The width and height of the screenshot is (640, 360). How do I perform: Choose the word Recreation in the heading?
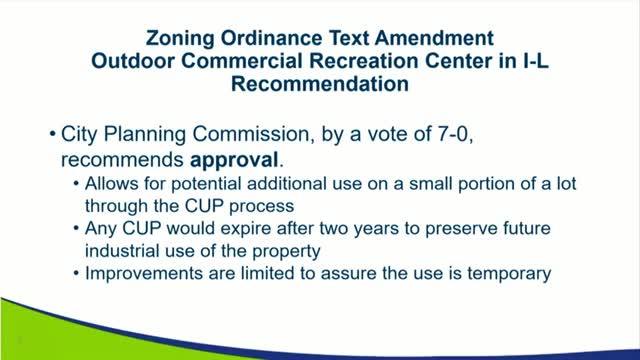366,63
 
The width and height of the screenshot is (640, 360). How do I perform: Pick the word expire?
231,228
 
